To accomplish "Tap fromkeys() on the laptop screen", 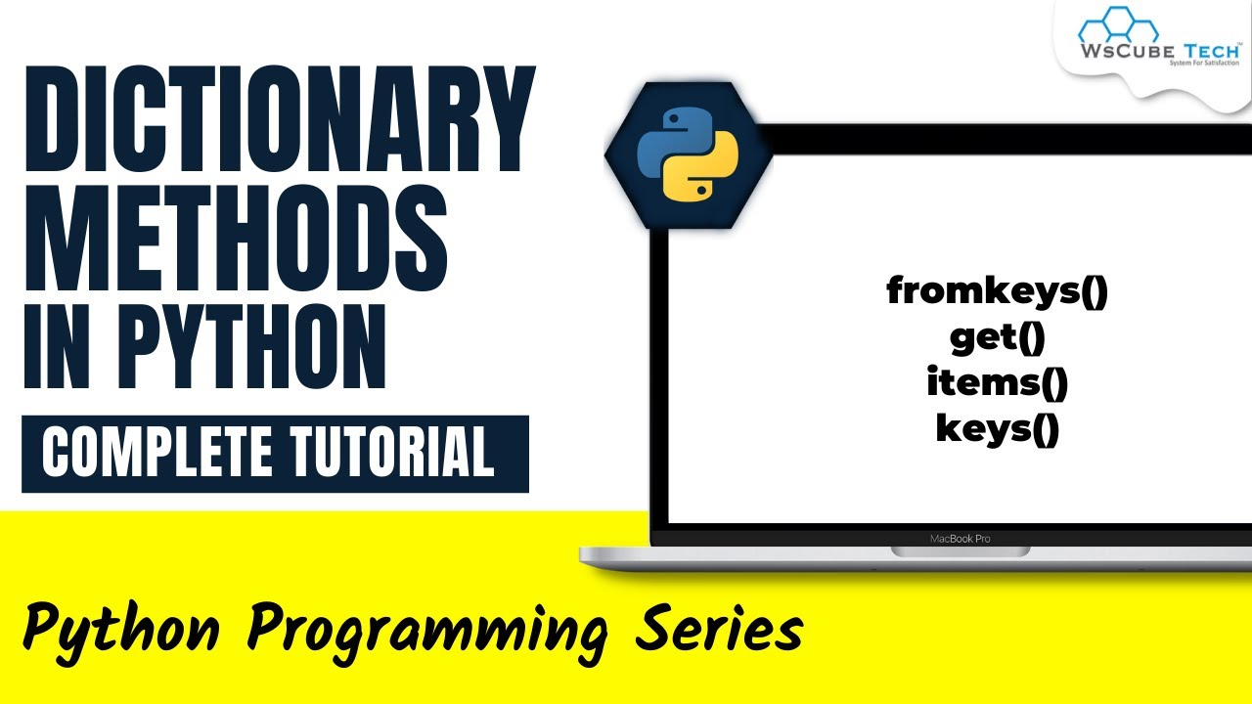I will [x=997, y=291].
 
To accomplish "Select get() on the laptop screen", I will [x=998, y=337].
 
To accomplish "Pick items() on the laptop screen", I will [x=998, y=382].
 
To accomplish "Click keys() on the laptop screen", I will [x=998, y=428].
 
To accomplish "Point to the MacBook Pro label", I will [x=959, y=538].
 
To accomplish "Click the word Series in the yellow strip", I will [x=719, y=629].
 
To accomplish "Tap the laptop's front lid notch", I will [x=959, y=552].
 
